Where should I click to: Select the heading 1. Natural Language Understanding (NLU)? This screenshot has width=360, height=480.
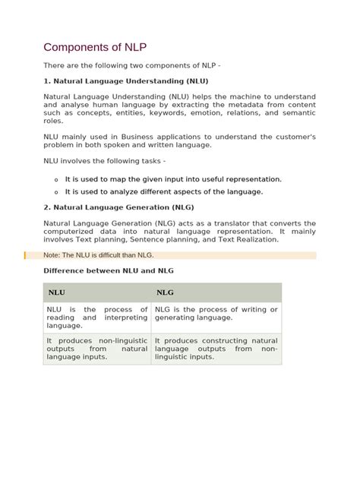(126, 81)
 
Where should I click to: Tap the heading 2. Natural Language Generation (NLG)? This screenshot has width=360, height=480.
(118, 206)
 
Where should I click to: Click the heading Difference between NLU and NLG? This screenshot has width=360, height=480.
(113, 270)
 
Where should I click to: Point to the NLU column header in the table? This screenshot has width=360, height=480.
(56, 292)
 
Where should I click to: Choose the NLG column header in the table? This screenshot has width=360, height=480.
(165, 292)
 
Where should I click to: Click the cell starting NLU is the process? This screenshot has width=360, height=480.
(96, 317)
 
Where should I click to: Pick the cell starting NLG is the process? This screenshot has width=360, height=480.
(216, 314)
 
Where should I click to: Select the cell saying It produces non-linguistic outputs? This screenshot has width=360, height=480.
(96, 349)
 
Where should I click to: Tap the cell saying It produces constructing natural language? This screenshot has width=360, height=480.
(216, 349)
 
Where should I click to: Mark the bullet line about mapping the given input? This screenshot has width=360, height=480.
(163, 179)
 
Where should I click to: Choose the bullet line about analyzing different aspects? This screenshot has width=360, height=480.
(164, 191)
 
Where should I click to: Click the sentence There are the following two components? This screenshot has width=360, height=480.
(131, 66)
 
